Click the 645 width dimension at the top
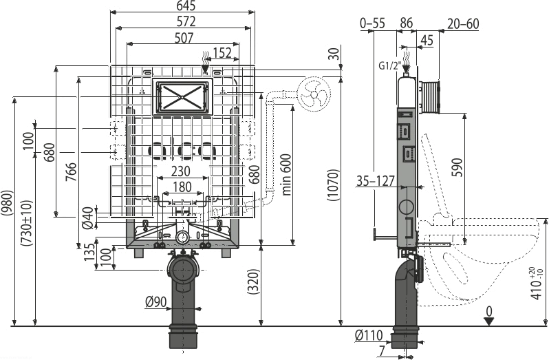point(186,6)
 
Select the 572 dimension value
point(186,22)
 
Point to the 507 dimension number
point(184,38)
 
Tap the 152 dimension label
point(222,53)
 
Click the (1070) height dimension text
point(334,185)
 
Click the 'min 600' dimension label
point(286,174)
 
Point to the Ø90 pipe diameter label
point(155,301)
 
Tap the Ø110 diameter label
point(369,335)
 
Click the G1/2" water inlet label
point(389,65)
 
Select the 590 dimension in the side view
point(458,168)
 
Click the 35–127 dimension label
point(376,181)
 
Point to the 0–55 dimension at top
point(373,23)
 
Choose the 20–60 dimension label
point(463,23)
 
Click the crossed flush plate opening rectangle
point(182,96)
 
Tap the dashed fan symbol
point(314,94)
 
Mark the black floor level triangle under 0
point(488,321)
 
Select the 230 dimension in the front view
point(181,171)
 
